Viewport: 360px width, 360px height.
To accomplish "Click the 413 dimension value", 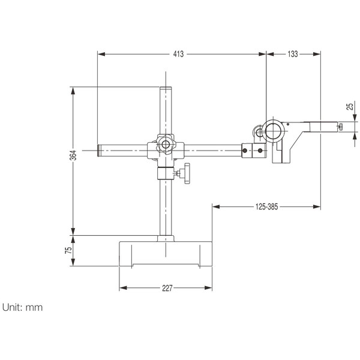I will [178, 54].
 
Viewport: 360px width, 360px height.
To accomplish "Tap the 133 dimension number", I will [292, 54].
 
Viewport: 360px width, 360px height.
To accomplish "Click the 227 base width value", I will [167, 288].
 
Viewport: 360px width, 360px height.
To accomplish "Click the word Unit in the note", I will [13, 307].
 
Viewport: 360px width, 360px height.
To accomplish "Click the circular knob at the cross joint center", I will [165, 146].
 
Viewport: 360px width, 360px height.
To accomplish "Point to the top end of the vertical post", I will [165, 89].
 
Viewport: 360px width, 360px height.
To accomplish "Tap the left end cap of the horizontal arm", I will [100, 149].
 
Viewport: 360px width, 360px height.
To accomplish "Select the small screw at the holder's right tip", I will [340, 126].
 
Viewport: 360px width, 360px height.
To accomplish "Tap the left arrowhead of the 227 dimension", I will [122, 288].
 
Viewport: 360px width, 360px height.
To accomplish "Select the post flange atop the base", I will [165, 239].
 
